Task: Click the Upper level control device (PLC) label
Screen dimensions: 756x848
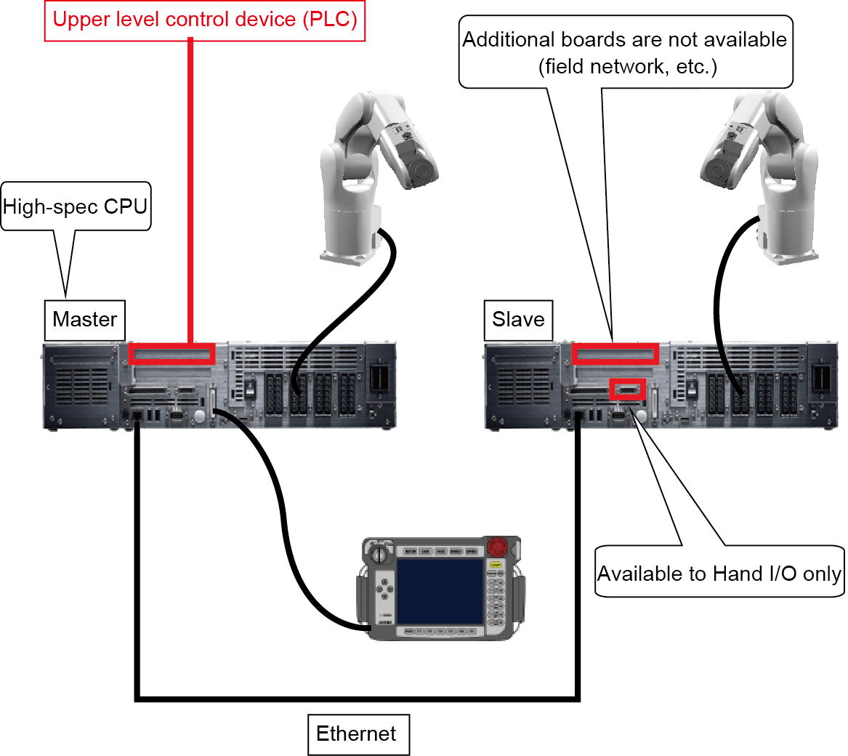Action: point(205,20)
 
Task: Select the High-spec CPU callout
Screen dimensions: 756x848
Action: point(76,206)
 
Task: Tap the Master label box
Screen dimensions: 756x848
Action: point(85,320)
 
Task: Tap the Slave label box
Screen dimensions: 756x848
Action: point(518,320)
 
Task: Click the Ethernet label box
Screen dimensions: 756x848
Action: point(357,734)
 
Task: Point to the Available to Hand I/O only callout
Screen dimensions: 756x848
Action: point(719,574)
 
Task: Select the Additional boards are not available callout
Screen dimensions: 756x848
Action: point(625,52)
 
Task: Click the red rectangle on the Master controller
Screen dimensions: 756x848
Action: point(172,354)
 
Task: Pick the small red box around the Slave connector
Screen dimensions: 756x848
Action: point(627,390)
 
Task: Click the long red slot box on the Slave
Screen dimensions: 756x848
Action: point(615,354)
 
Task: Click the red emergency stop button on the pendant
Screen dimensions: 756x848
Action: point(498,545)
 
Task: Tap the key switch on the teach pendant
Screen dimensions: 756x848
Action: point(379,553)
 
